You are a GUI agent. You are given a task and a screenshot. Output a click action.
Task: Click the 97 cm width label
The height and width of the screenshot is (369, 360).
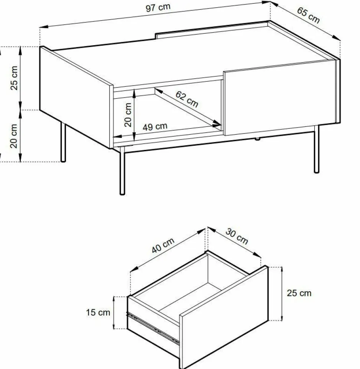pos(158,7)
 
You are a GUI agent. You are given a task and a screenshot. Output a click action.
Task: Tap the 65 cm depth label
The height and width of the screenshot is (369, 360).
pos(308,15)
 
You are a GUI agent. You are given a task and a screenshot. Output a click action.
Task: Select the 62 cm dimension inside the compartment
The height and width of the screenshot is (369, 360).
pos(187,99)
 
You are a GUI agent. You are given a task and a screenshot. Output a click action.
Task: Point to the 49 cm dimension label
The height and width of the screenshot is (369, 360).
pos(155,126)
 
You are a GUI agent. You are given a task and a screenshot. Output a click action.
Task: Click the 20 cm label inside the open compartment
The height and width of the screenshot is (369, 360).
pos(128,115)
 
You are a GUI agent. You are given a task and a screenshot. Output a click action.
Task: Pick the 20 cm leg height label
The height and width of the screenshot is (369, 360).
pos(14,136)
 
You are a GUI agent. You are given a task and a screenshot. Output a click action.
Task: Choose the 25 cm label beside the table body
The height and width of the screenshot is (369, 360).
pos(14,78)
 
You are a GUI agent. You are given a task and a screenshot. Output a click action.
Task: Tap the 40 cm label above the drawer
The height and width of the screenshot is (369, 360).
pos(163,245)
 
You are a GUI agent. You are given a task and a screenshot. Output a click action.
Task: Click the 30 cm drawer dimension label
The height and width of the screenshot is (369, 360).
pos(237,236)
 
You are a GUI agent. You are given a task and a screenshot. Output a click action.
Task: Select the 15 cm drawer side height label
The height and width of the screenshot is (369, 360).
pos(98,313)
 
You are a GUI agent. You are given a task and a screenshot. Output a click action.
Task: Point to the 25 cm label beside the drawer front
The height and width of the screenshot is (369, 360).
pos(299,293)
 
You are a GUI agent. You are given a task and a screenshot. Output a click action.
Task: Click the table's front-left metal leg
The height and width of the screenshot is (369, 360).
pos(122,171)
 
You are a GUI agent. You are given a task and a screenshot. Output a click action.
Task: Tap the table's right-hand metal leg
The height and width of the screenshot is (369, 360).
pos(317,149)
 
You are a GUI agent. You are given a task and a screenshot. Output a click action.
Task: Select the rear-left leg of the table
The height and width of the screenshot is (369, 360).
pos(63,142)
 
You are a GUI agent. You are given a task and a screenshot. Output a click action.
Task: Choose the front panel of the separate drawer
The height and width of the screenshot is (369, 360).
pos(224,317)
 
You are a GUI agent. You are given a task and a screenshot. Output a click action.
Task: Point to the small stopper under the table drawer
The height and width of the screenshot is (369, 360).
pos(257,139)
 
